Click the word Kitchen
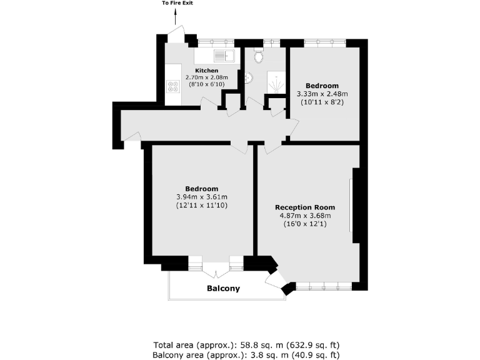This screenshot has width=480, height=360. [206, 70]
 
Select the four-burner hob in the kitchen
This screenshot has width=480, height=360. [172, 86]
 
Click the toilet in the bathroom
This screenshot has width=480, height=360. [259, 57]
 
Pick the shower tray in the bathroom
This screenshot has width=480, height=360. [275, 82]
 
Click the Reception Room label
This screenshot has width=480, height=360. [305, 207]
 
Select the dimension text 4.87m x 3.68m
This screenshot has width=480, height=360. [305, 216]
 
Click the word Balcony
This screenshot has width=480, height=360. [223, 288]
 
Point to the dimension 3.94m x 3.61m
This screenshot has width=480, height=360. [201, 197]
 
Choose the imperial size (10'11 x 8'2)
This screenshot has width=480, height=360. [322, 102]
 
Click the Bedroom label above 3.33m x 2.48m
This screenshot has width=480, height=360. [322, 86]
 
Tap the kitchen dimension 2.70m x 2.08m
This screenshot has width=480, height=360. [206, 77]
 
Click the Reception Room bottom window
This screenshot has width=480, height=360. [323, 287]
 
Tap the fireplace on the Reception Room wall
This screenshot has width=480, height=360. [352, 206]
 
